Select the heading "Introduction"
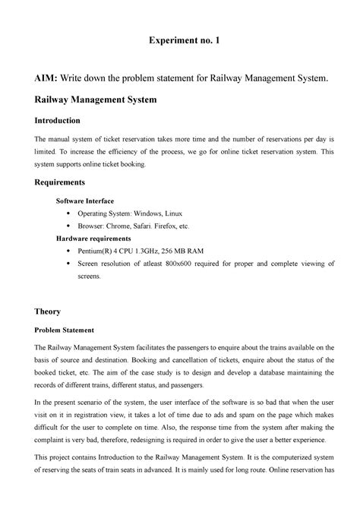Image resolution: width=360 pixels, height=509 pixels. [x=64, y=121]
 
